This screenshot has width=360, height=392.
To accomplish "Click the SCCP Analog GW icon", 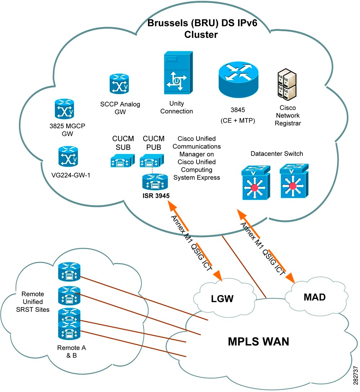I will click(119, 85).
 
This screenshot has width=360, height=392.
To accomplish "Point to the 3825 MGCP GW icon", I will click(64, 109).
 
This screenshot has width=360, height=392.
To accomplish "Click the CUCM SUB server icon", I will click(122, 160).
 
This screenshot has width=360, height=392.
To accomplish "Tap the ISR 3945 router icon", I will click(155, 182).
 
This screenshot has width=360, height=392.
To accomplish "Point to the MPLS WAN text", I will click(258, 341).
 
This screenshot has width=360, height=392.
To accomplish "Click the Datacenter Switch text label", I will click(277, 154).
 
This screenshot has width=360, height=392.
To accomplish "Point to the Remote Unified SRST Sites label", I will click(34, 302).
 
